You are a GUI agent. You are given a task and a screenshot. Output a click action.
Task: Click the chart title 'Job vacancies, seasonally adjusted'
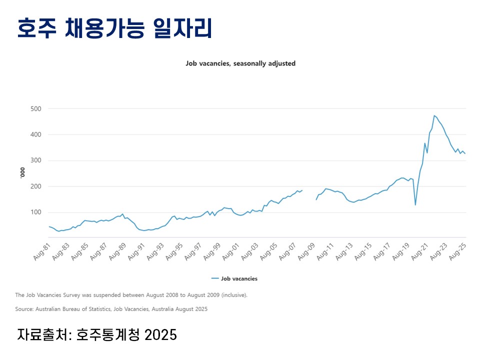coord(240,63)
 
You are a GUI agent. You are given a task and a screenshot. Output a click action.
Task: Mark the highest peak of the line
coord(434,115)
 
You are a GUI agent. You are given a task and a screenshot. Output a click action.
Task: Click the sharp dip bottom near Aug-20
coord(415,204)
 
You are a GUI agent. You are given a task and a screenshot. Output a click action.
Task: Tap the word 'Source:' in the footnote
coord(24,309)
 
